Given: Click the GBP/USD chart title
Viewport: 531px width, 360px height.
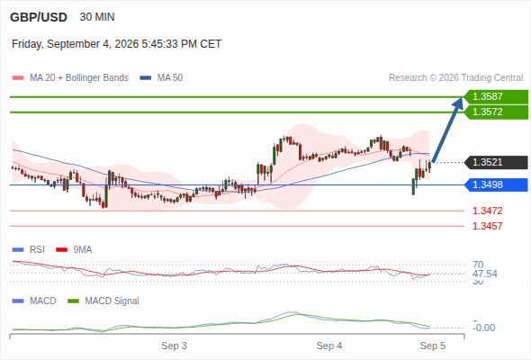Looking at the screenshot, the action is point(39,17).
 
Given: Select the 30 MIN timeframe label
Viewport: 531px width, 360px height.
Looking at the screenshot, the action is point(97,17).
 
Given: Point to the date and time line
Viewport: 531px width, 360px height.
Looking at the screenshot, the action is point(116,44).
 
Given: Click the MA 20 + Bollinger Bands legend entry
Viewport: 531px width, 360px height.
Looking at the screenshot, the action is point(70,78).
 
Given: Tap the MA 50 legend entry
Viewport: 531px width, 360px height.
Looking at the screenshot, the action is point(161,78).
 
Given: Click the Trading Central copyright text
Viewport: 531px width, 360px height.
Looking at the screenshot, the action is point(455,78).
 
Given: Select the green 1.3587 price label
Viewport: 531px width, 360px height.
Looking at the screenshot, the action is point(496,97).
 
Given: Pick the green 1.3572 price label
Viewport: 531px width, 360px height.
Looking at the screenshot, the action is point(496,112).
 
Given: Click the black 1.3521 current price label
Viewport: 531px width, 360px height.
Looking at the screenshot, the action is point(496,162).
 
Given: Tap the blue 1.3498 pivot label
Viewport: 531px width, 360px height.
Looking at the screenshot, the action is point(496,184).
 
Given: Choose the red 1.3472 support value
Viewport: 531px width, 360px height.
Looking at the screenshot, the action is point(487,211).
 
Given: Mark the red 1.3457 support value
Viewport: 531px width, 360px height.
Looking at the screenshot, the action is point(487,226).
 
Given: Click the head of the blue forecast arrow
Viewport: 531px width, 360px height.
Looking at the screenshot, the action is point(461,99).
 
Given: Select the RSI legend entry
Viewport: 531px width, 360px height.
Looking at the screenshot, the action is point(29,249).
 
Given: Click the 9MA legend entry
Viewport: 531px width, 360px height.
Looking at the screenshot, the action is point(74,249).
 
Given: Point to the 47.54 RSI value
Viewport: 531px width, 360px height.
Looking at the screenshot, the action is point(485,274).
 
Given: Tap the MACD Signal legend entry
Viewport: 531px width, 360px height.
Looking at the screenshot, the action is point(103,301).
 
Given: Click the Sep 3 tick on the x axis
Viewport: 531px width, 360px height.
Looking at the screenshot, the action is point(174,346).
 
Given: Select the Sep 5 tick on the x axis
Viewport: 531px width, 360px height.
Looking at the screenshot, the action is point(433,346).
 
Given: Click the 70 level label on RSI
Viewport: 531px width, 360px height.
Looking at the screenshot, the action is point(478,265).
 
